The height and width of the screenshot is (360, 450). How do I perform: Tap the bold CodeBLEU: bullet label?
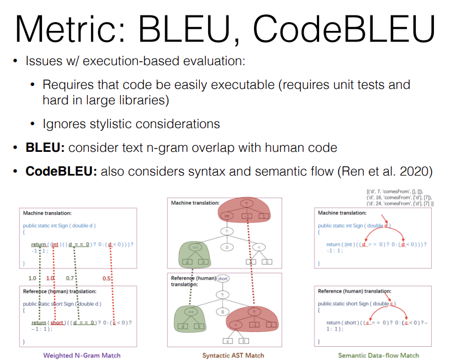tap(61, 171)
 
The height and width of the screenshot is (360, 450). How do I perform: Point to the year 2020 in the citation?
tap(418, 171)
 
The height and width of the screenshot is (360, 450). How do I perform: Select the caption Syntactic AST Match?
tap(233, 355)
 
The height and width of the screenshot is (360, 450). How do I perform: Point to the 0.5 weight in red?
tap(106, 278)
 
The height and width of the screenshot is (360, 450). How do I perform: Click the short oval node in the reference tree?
tap(223, 279)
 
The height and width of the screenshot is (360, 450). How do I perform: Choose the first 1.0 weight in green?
tap(32, 278)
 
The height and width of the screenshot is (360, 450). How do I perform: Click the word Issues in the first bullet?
tap(45, 61)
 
